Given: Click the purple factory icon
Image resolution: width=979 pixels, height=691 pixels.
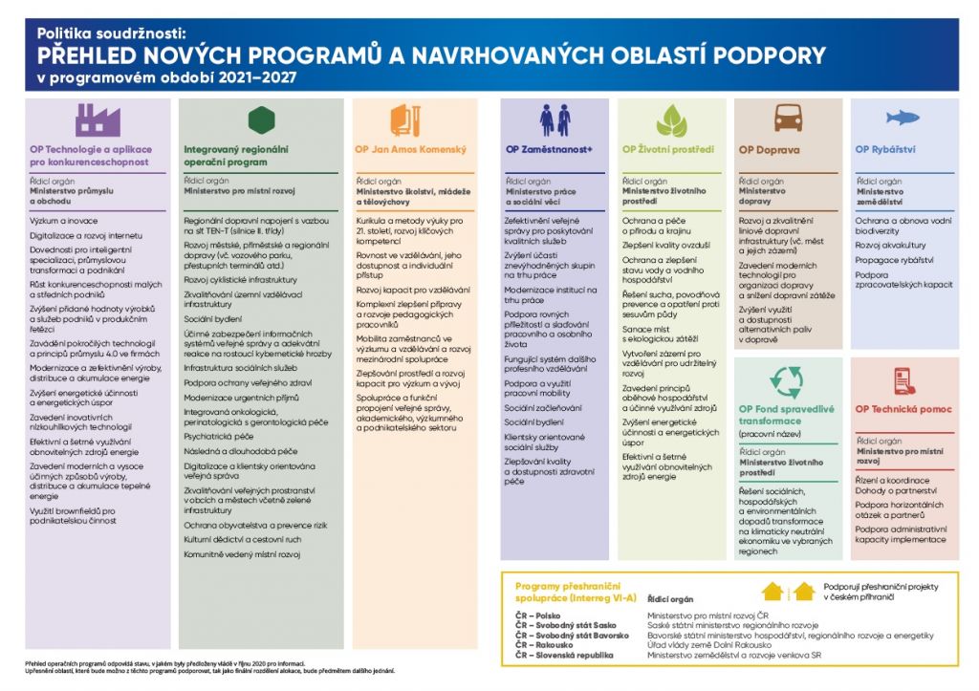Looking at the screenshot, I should click(x=98, y=120).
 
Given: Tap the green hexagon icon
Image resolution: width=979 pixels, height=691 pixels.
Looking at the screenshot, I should click(x=260, y=120).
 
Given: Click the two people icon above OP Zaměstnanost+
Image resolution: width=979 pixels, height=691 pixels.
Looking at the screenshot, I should click(x=554, y=120).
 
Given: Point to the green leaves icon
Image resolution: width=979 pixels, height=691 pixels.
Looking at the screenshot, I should click(x=670, y=120).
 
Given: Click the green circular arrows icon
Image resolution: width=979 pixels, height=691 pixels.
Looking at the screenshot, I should click(x=787, y=381).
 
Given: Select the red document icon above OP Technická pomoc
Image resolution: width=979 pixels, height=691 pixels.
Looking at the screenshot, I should click(x=903, y=381).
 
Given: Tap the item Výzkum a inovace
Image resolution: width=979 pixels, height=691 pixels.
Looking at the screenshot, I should click(x=61, y=220).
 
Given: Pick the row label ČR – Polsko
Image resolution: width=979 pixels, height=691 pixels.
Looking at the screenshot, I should click(x=537, y=615).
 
